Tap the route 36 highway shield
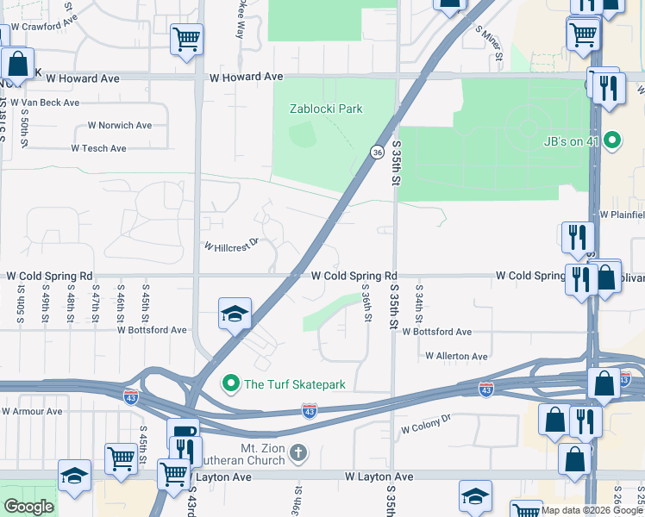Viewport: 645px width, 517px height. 378,152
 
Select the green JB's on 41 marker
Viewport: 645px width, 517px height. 612,140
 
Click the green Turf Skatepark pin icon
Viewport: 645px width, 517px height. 231,383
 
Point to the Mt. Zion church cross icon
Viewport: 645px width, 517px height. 297,452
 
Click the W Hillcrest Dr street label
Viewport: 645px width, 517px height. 231,245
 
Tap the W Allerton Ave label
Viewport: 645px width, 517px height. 456,356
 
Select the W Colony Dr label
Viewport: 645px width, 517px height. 427,424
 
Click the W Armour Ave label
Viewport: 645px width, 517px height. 32,412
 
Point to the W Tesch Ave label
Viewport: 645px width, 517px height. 98,148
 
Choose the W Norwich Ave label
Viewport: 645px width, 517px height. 119,126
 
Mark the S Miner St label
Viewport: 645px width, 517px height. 489,43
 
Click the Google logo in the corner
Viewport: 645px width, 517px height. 28,507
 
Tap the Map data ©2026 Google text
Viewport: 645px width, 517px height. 591,510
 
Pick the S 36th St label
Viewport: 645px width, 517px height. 366,304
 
